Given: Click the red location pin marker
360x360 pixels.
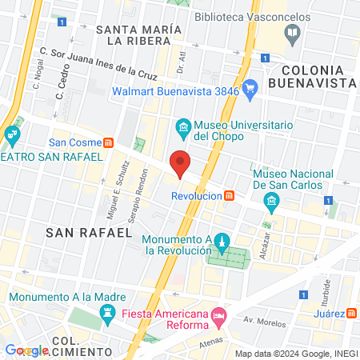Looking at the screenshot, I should click(181, 163).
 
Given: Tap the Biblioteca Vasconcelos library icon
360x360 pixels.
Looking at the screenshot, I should click(292, 33).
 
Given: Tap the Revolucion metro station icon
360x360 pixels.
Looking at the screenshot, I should click(230, 195).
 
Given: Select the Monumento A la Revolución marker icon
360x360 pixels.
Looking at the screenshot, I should click(223, 241).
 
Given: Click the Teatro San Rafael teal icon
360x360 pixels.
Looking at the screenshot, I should click(11, 135).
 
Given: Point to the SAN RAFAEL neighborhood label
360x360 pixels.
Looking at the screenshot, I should click(88, 232).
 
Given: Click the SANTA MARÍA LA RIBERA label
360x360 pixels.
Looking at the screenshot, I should click(139, 35).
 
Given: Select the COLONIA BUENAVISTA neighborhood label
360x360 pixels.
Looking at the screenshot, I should click(312, 75).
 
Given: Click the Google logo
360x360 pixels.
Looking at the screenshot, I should click(27, 350).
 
